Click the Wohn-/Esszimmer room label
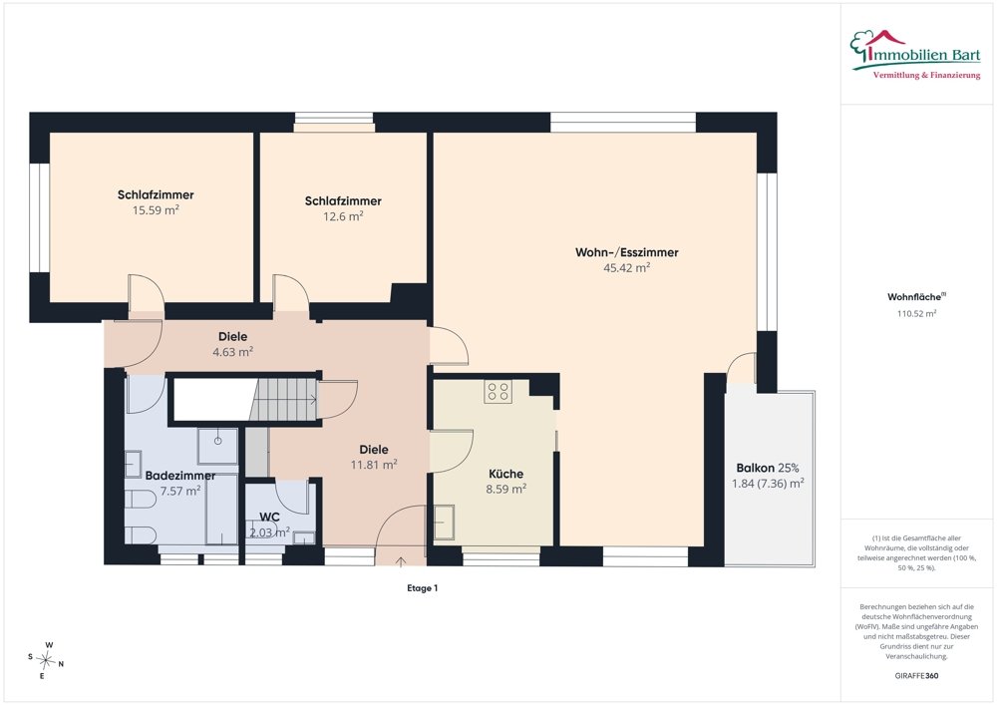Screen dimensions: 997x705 tap(626, 252)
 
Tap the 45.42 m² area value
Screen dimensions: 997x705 tap(626, 267)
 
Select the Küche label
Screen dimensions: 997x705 tap(506, 474)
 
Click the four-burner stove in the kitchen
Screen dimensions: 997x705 tap(498, 392)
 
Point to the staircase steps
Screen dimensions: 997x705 tap(283, 399)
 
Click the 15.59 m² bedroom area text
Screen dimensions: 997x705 tap(156, 209)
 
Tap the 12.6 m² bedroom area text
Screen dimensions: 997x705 tap(343, 216)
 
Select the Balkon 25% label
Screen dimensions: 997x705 tap(768, 468)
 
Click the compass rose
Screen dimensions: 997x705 tap(46, 661)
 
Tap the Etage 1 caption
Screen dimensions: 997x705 tap(422, 588)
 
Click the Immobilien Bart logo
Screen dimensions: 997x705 tap(915, 55)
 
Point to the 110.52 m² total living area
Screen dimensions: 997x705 tap(917, 313)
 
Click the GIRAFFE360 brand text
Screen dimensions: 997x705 tap(916, 676)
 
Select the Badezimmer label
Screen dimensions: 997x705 tap(179, 476)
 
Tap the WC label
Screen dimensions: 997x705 tap(269, 517)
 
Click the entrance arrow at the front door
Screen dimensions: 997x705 tap(401, 561)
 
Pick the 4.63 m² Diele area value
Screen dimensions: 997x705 tap(232, 352)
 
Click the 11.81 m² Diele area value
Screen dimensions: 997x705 tap(374, 465)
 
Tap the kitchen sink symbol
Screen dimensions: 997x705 tap(445, 523)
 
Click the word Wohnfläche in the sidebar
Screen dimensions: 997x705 tap(914, 297)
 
